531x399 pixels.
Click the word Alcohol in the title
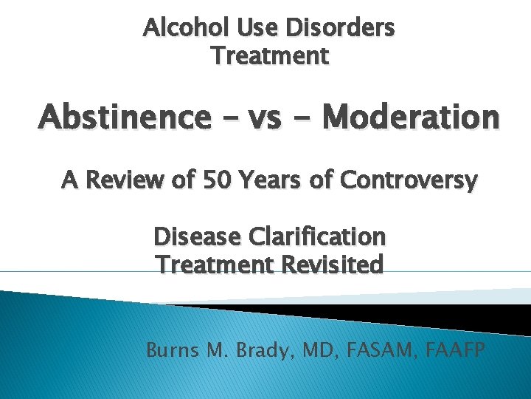(178, 29)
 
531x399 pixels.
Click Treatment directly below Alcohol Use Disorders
(270, 55)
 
